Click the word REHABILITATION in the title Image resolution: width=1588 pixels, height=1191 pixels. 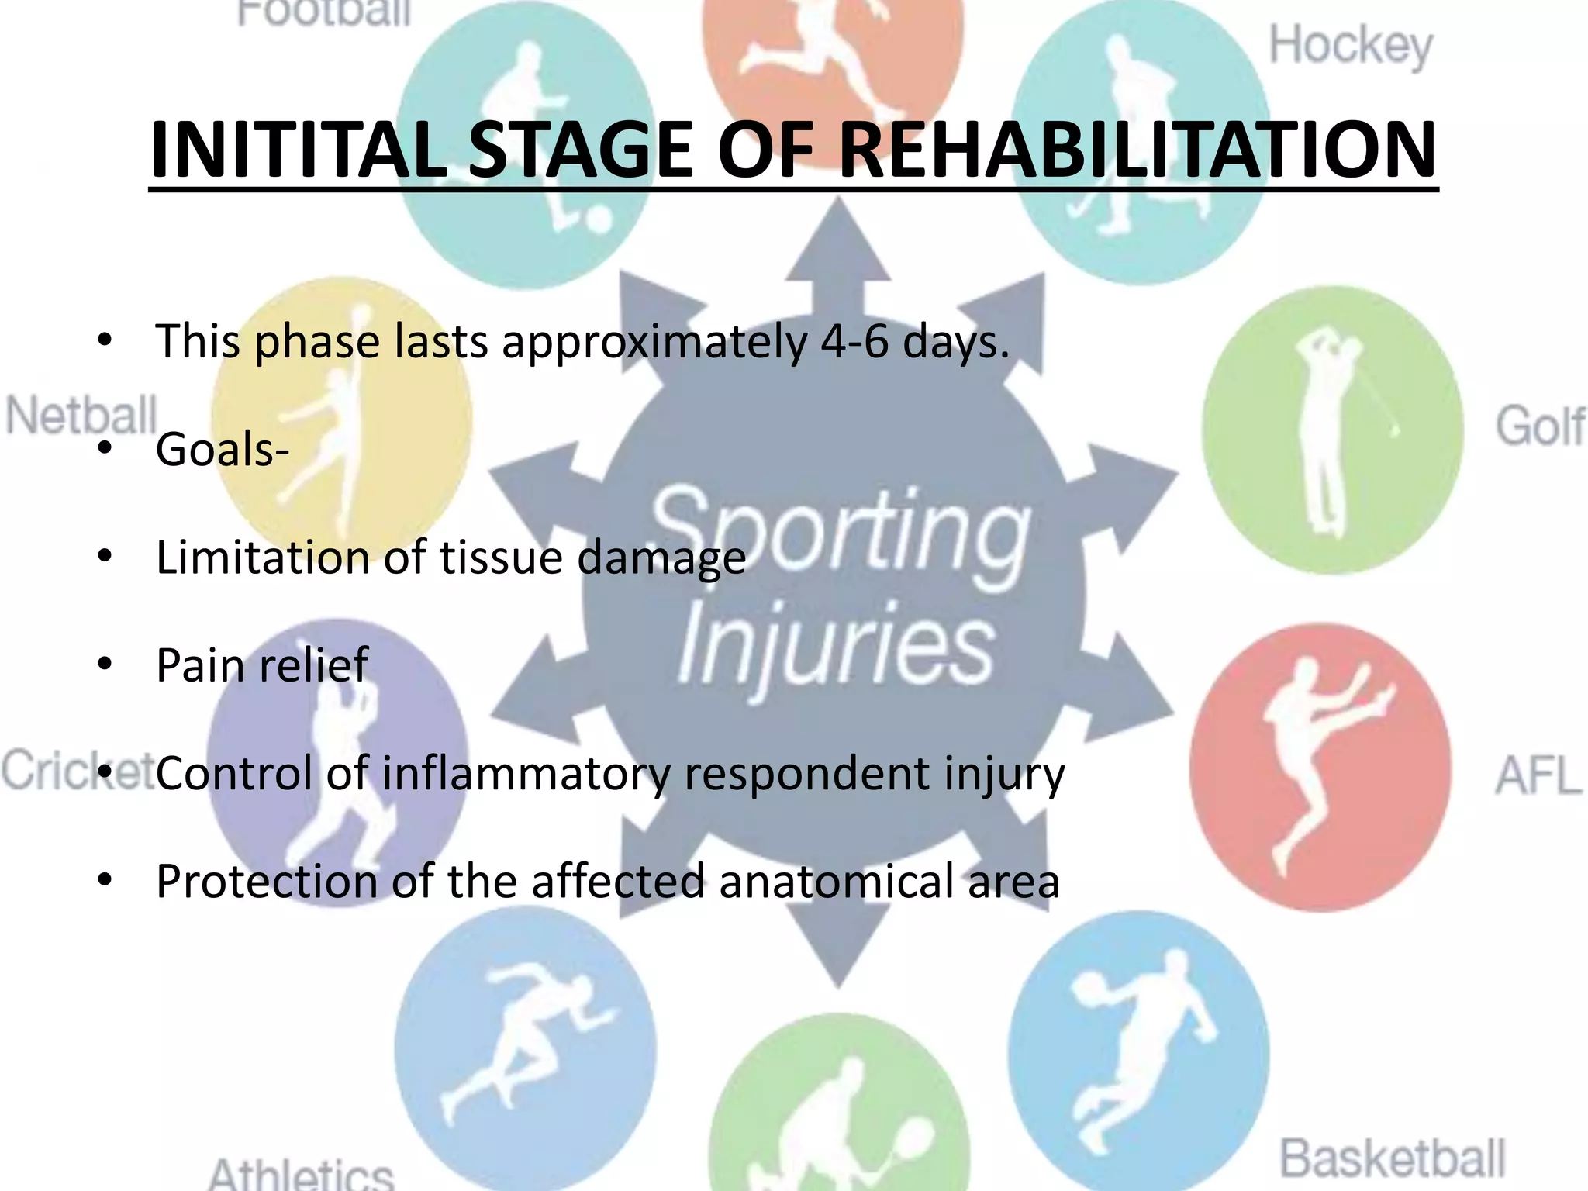click(x=1137, y=150)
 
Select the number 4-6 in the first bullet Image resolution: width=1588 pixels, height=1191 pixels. click(x=854, y=341)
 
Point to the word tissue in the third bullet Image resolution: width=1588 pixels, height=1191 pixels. click(x=501, y=558)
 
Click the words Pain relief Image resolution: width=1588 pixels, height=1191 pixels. click(x=261, y=665)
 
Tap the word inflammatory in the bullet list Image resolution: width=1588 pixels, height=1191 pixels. click(x=526, y=774)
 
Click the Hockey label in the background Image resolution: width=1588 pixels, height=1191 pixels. click(x=1350, y=47)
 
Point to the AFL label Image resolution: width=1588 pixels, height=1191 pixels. click(x=1538, y=775)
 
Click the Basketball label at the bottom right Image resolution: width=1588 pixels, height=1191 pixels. click(x=1392, y=1158)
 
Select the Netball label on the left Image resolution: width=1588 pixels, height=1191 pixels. click(x=81, y=416)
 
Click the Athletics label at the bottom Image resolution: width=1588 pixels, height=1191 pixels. click(x=301, y=1174)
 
